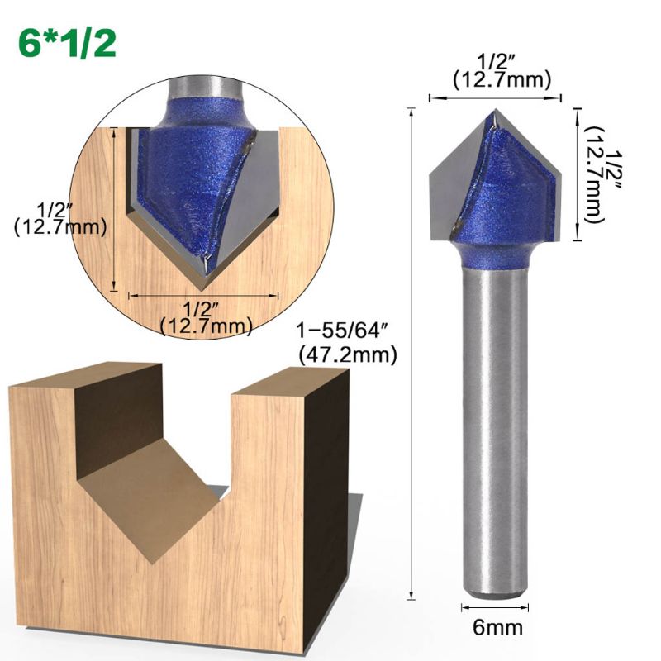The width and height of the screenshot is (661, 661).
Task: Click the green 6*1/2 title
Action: (66, 43)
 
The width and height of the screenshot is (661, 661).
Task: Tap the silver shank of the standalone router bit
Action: (492, 430)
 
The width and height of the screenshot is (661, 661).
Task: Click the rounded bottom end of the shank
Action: (492, 592)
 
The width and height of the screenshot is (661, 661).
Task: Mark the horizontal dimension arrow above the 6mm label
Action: (492, 609)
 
